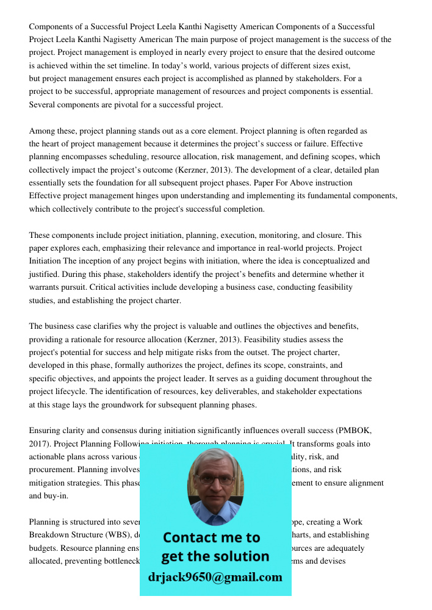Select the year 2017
(39, 444)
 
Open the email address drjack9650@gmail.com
(215, 577)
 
